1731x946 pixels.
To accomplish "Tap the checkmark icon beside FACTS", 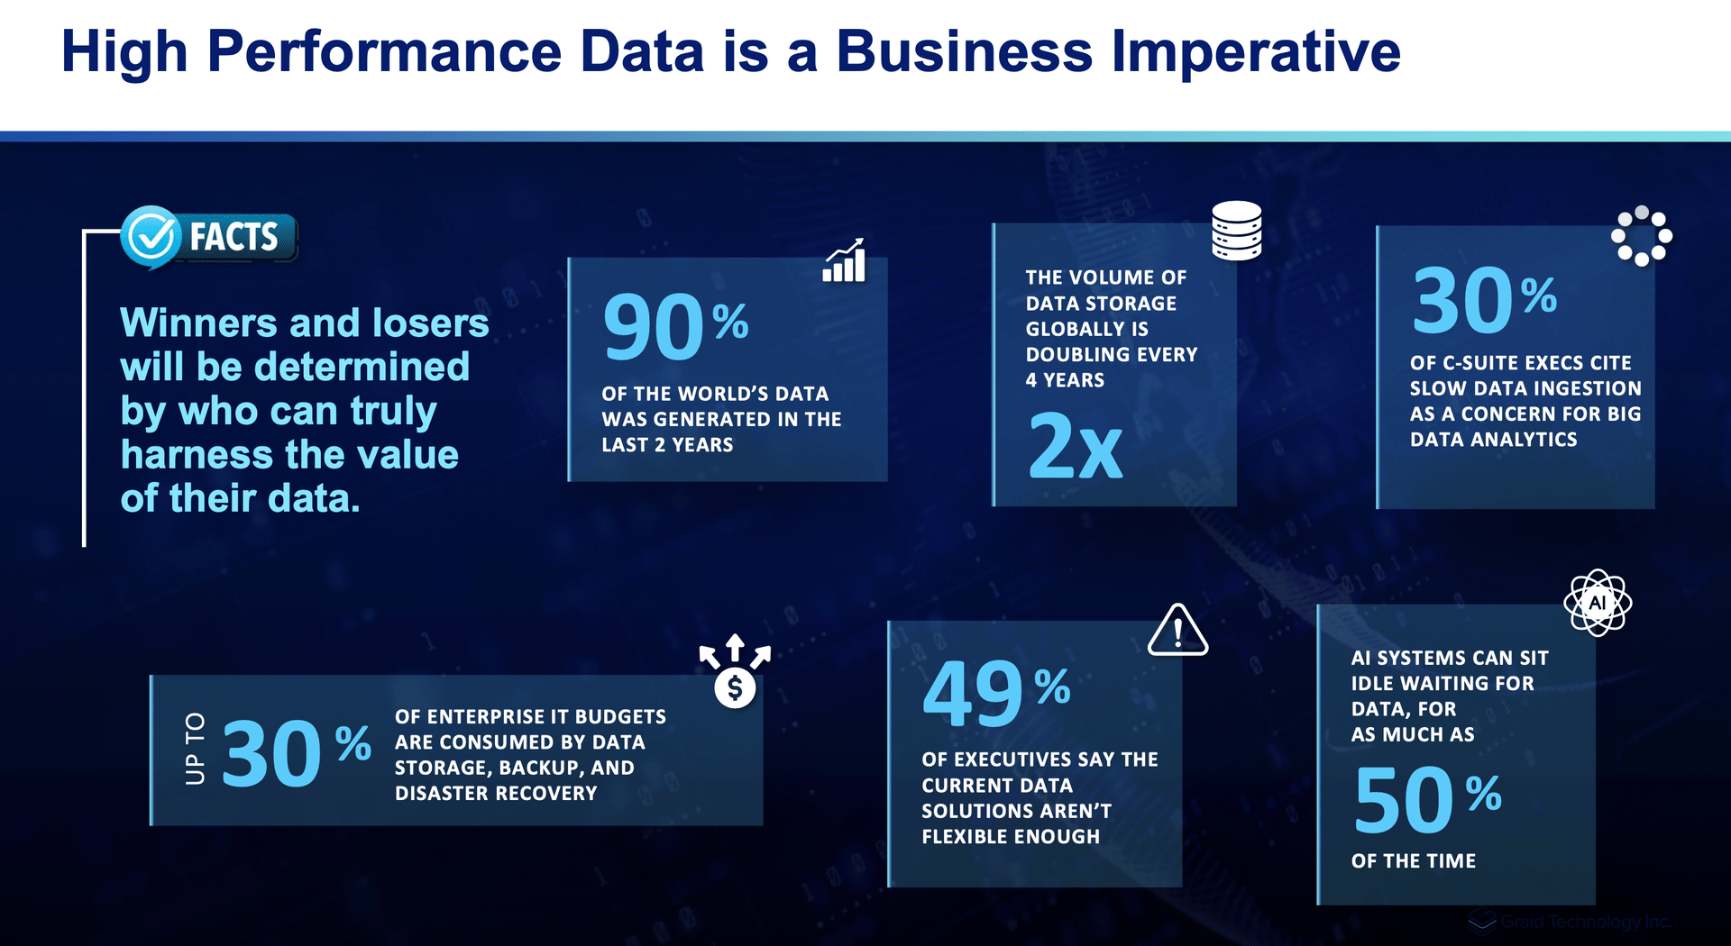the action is coord(151,237).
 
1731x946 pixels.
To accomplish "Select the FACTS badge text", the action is coord(234,237).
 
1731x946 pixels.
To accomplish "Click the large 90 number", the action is coord(653,326).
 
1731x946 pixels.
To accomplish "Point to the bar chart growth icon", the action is coord(844,260).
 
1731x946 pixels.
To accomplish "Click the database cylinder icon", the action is coord(1236,231).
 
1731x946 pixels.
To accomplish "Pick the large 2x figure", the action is coord(1076,445).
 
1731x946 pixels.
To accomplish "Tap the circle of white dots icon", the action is coord(1642,236).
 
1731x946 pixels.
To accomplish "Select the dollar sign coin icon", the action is coord(735,688).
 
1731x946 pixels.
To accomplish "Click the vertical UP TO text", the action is coord(195,749).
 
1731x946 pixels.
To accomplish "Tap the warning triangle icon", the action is coord(1177,630).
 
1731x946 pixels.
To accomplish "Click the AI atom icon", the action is coord(1598,603).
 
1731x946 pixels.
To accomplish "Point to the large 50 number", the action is coord(1404,799).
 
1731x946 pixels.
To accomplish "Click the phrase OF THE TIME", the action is coord(1414,861).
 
